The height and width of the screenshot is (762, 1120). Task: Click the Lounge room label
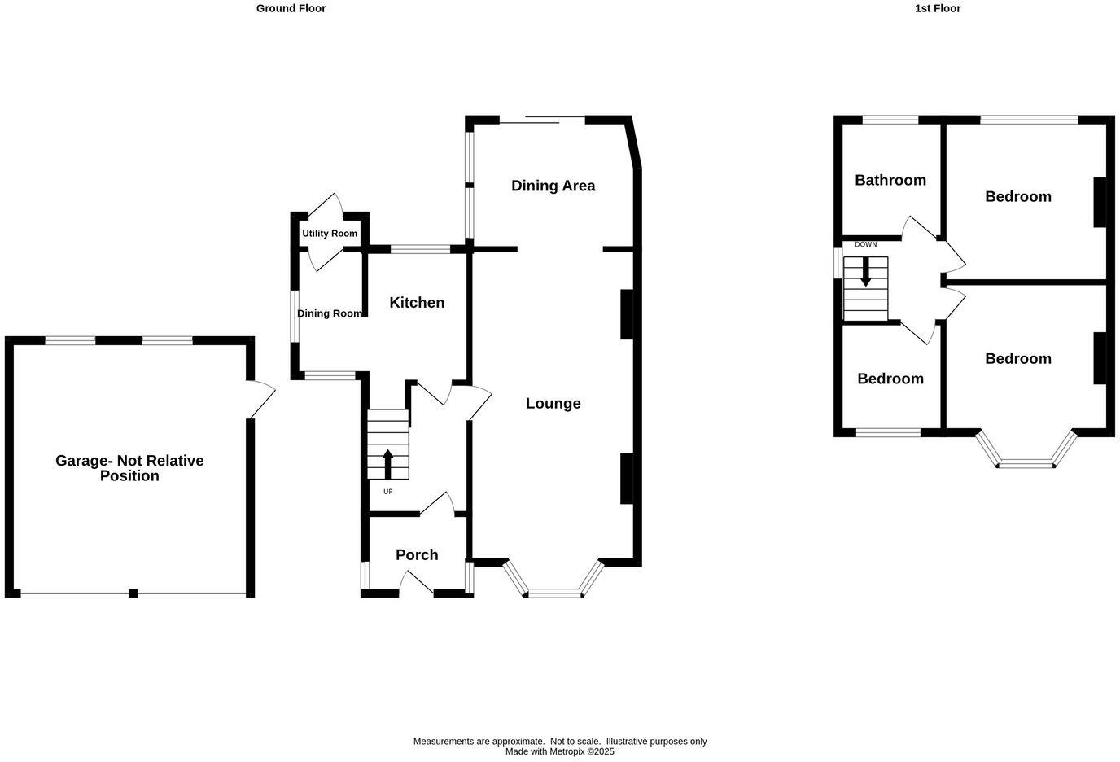553,403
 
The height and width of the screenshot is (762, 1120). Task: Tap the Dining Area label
553,186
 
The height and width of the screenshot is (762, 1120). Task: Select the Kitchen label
417,303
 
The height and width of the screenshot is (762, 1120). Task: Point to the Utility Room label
330,234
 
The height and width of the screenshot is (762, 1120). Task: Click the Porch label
417,554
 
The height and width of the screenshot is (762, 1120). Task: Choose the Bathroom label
890,180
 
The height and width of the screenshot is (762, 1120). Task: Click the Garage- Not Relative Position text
129,468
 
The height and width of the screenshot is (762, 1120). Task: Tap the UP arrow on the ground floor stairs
387,463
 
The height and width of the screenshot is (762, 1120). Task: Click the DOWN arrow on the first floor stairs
865,272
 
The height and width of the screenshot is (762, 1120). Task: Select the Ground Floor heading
291,8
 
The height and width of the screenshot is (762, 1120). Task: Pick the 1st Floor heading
938,8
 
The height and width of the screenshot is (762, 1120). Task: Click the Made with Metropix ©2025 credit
559,752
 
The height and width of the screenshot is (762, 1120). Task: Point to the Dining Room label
329,313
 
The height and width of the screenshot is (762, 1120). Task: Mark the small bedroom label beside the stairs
890,379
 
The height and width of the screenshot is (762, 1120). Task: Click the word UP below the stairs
387,492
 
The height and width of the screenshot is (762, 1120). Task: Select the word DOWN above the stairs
865,244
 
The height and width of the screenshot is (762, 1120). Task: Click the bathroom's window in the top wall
890,120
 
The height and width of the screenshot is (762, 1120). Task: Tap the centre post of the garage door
133,593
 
